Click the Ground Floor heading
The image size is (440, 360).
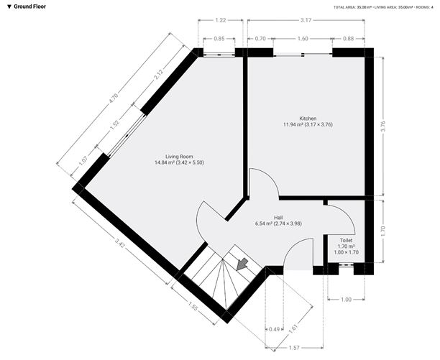pyautogui.click(x=29, y=6)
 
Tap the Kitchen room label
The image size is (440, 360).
pyautogui.click(x=308, y=119)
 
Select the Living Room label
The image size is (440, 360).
pyautogui.click(x=179, y=157)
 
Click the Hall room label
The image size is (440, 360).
pyautogui.click(x=278, y=218)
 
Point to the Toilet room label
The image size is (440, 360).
pyautogui.click(x=347, y=240)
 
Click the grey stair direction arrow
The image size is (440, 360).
pyautogui.click(x=242, y=264)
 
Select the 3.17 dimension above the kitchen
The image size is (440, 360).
pyautogui.click(x=306, y=20)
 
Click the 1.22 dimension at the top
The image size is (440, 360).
pyautogui.click(x=221, y=20)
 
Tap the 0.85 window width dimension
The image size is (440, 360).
pyautogui.click(x=219, y=39)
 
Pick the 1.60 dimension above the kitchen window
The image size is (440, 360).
pyautogui.click(x=303, y=39)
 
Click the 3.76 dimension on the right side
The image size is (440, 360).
pyautogui.click(x=384, y=126)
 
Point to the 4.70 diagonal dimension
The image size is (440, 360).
pyautogui.click(x=114, y=98)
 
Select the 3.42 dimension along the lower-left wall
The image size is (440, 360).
pyautogui.click(x=120, y=242)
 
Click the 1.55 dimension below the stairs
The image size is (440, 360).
pyautogui.click(x=193, y=306)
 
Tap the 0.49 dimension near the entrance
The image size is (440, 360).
pyautogui.click(x=274, y=329)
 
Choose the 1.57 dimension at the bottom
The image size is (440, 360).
pyautogui.click(x=294, y=348)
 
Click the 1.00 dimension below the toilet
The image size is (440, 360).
pyautogui.click(x=346, y=300)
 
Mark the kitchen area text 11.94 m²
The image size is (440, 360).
pyautogui.click(x=293, y=124)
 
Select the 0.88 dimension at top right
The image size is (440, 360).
pyautogui.click(x=348, y=39)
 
